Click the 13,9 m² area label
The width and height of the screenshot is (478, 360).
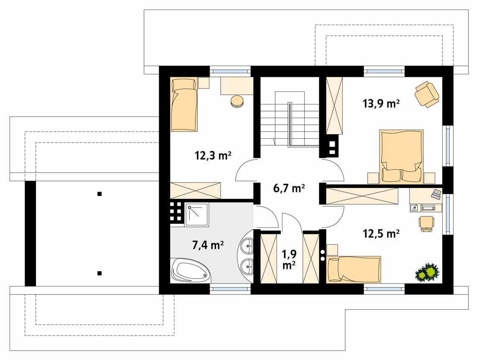(381, 104)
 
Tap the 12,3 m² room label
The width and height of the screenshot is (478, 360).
(213, 156)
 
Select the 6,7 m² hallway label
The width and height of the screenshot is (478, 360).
(289, 188)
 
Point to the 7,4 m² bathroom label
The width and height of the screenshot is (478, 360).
(208, 245)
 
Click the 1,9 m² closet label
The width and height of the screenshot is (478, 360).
(289, 259)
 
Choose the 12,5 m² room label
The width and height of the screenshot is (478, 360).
(381, 234)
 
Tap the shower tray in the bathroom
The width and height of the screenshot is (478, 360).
(197, 215)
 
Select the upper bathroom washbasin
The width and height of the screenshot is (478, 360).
(247, 244)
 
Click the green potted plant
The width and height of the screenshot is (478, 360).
(427, 272)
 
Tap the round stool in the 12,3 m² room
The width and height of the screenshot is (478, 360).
(237, 102)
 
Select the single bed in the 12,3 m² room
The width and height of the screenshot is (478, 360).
(184, 105)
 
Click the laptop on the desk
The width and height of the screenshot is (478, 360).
(436, 194)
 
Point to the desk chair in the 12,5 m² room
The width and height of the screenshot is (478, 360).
(427, 223)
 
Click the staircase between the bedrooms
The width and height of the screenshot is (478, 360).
(290, 119)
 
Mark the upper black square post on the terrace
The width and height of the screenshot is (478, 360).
(99, 193)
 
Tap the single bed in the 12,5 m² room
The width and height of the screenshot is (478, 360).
(353, 269)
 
